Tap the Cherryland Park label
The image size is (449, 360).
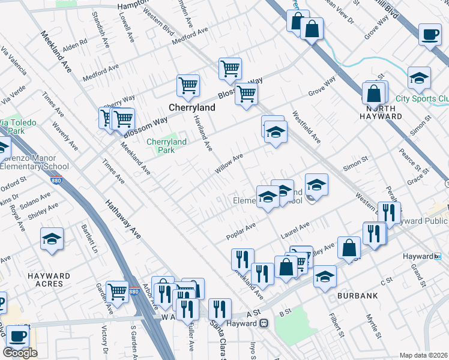[x=166, y=146]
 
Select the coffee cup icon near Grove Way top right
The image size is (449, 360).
[x=429, y=35]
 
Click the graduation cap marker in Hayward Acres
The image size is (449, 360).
[x=52, y=239]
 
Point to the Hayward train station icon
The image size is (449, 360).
[x=264, y=323]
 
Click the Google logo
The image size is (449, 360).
[x=20, y=352]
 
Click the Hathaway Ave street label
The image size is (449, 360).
[x=124, y=220]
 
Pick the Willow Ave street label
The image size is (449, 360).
[x=229, y=164]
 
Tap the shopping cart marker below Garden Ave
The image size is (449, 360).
[x=117, y=292]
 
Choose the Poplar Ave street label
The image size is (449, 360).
[x=242, y=230]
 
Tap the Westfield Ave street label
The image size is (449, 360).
[x=306, y=126]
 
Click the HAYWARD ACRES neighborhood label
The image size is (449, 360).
[x=49, y=280]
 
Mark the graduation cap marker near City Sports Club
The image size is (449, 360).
[x=419, y=77]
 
